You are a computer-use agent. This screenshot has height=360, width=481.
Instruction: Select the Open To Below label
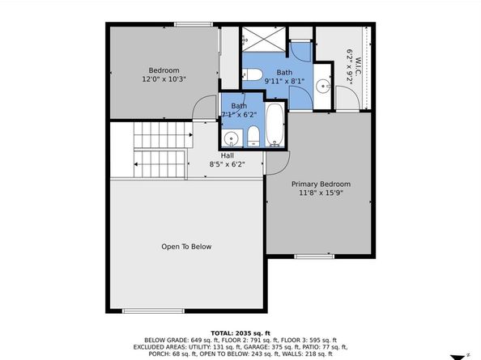point(186,247)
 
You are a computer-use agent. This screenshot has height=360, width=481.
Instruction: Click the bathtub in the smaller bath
point(276,125)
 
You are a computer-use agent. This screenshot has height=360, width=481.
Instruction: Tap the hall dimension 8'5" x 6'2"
point(228,164)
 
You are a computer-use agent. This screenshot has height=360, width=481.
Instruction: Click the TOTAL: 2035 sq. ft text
point(240,332)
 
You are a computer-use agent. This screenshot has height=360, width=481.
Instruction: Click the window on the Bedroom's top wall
point(193,24)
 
